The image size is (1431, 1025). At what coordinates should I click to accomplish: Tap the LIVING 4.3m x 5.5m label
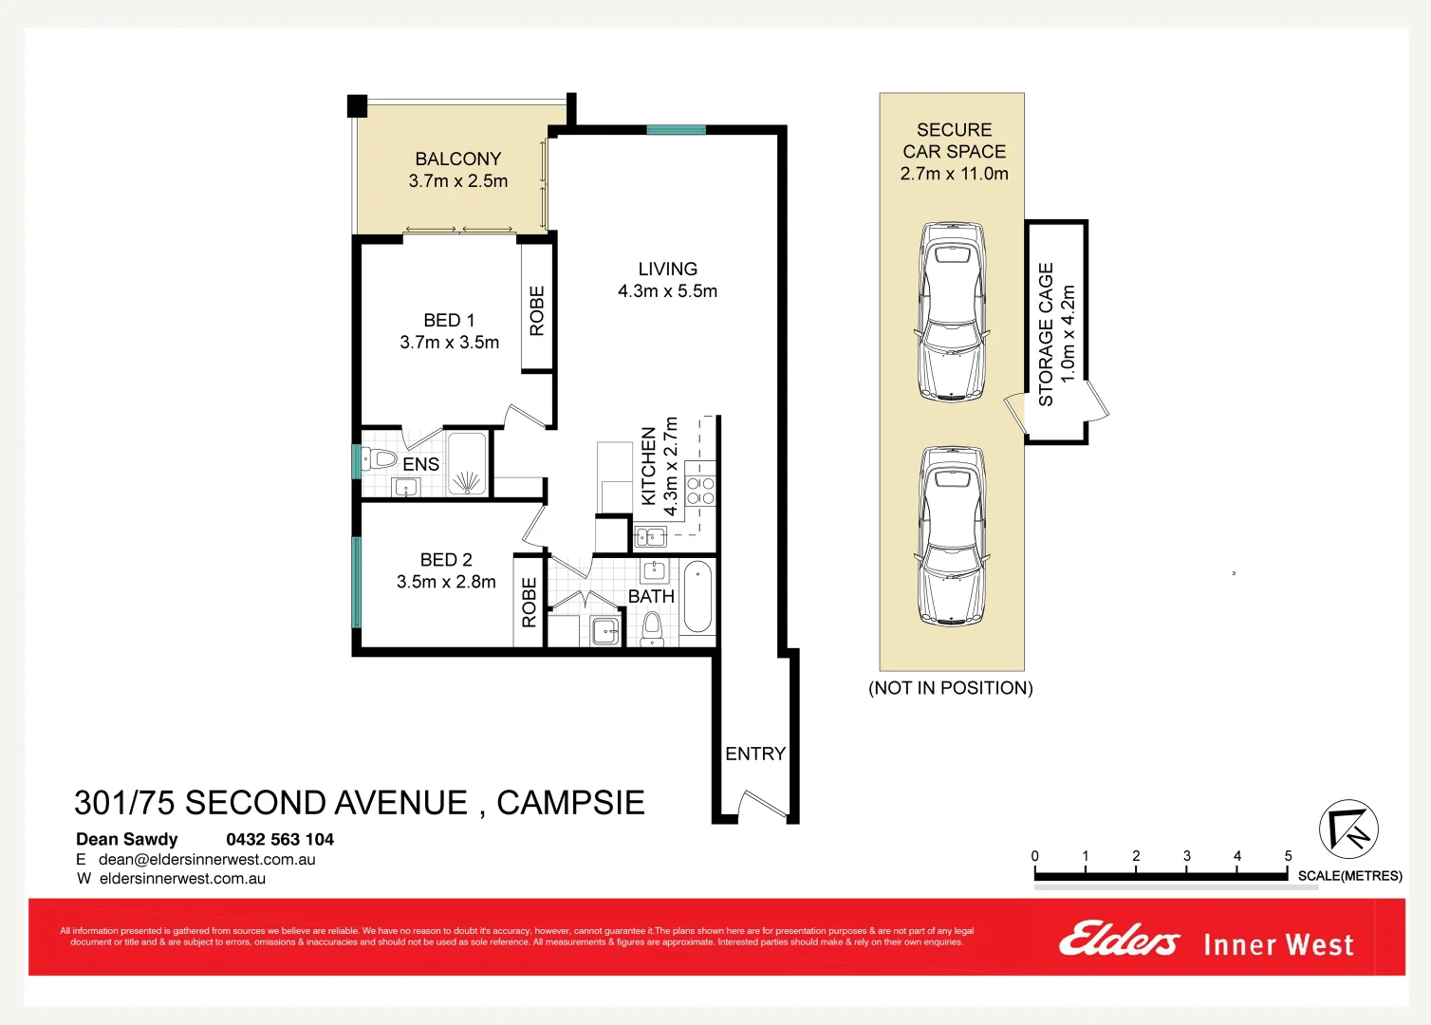tap(667, 280)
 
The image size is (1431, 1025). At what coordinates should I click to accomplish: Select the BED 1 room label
tap(449, 331)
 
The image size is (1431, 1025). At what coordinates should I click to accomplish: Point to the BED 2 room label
tap(446, 570)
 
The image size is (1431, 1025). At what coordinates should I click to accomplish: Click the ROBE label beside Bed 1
tap(537, 310)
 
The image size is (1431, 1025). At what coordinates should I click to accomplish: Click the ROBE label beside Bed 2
tap(529, 602)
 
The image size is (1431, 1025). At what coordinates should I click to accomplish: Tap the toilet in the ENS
tap(380, 459)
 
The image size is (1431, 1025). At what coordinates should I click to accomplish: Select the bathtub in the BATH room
tap(697, 597)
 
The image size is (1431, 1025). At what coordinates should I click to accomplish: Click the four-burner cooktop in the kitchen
tap(700, 491)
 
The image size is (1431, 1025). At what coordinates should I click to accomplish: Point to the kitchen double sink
tap(650, 537)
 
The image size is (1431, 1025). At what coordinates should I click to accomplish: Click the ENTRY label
tap(755, 754)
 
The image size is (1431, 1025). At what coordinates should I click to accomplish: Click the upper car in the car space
tap(953, 311)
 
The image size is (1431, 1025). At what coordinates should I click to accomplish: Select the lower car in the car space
tap(953, 535)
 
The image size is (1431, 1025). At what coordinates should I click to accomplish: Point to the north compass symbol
tap(1348, 829)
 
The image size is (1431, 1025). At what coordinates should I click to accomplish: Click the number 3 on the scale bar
tap(1186, 856)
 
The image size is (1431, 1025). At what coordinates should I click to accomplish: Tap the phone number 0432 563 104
tap(280, 839)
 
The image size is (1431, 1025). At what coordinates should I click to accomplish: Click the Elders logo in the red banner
tap(1119, 941)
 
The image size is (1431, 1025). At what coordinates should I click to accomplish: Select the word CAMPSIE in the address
tap(570, 803)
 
